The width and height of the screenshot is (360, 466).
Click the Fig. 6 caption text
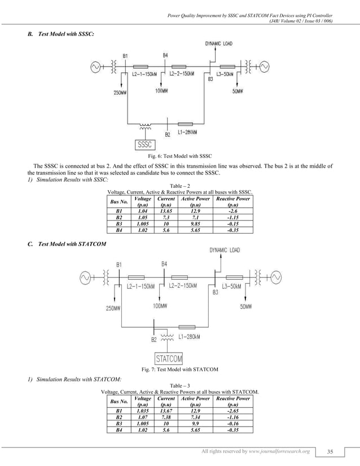click(x=180, y=155)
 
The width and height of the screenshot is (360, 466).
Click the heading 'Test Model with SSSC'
click(x=65, y=34)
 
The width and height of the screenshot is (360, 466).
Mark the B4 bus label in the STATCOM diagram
click(x=164, y=263)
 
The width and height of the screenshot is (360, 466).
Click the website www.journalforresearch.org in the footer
click(x=276, y=451)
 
